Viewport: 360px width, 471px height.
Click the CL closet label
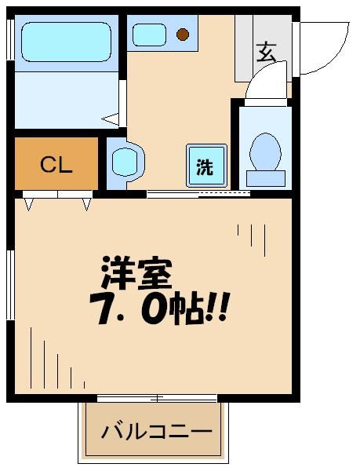pos(56,165)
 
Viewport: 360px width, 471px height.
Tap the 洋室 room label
pos(135,272)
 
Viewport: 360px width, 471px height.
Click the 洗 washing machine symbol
pos(205,166)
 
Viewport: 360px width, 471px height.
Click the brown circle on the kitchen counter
pos(183,34)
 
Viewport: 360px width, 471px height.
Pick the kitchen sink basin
pos(148,34)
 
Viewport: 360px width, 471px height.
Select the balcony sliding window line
pos(156,399)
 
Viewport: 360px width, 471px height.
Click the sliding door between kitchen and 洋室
pos(198,193)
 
